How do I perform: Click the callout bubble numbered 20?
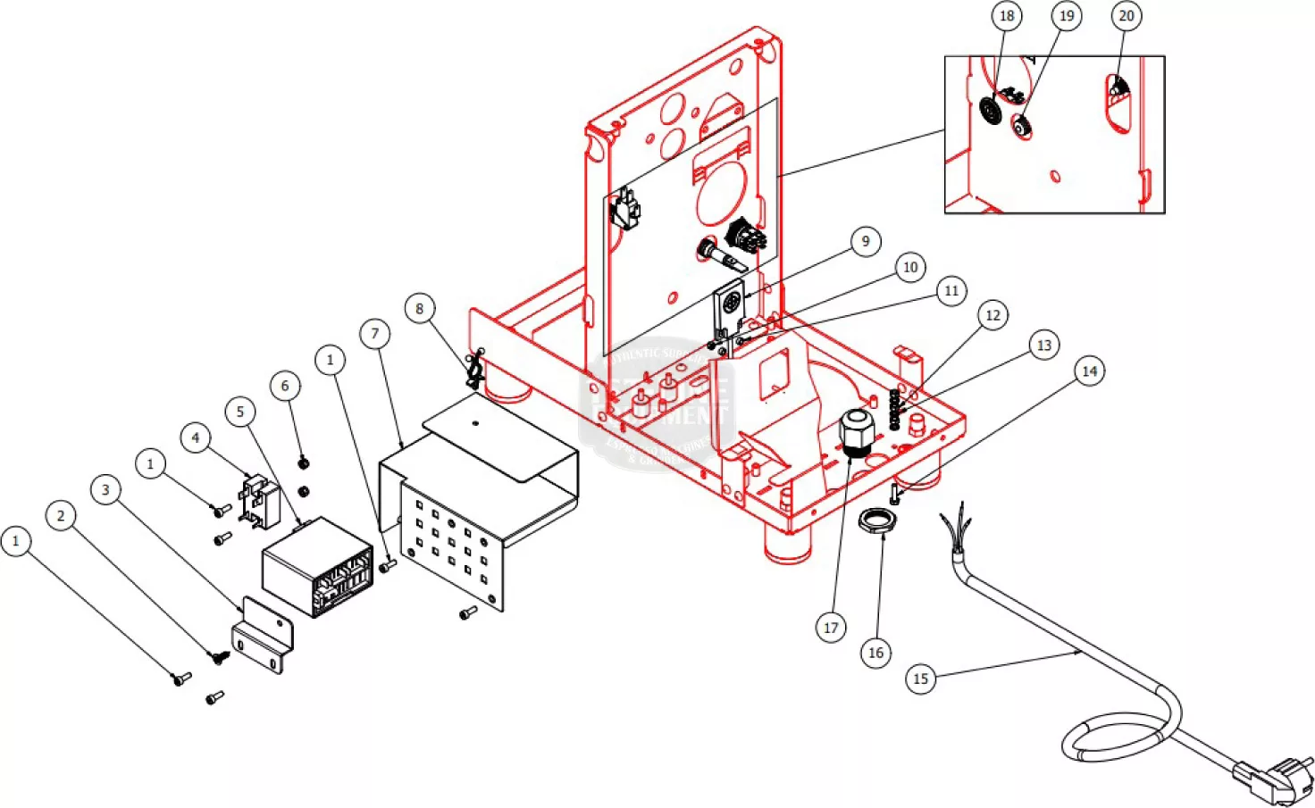(1127, 16)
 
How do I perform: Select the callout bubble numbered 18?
(1007, 16)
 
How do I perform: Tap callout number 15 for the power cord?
(920, 679)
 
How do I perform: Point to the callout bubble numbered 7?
(375, 334)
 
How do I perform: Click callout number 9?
(866, 241)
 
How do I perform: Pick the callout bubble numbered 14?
(1089, 371)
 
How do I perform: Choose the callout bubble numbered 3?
(105, 489)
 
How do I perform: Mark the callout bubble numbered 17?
(831, 628)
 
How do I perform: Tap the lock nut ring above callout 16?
(876, 520)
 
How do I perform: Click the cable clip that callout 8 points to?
(474, 369)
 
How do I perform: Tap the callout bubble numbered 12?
(993, 315)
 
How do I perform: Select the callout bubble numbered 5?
(239, 412)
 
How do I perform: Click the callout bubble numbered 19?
(1067, 16)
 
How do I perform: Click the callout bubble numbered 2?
(61, 515)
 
